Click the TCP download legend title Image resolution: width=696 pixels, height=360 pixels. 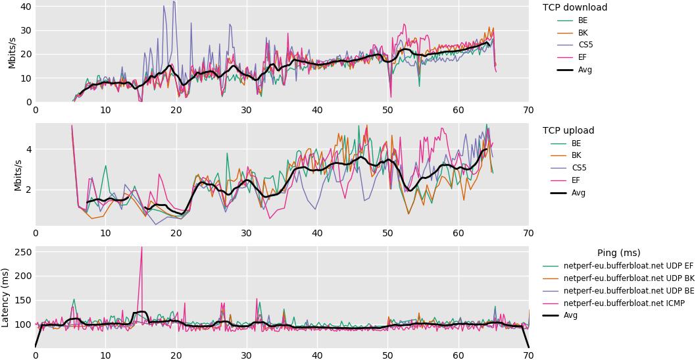[x=574, y=8]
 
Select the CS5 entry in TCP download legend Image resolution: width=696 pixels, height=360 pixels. [x=585, y=45]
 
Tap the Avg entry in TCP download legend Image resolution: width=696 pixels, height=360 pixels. [x=585, y=70]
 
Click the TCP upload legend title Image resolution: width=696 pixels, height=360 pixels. [x=568, y=131]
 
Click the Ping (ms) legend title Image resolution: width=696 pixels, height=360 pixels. [x=618, y=253]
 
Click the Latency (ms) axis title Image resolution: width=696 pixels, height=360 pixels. [x=6, y=297]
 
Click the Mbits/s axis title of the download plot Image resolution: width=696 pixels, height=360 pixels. [x=12, y=52]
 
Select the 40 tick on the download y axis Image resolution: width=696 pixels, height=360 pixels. [x=26, y=7]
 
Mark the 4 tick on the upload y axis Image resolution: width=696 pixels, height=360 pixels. [x=28, y=149]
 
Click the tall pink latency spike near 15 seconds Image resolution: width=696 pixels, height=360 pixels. [x=141, y=247]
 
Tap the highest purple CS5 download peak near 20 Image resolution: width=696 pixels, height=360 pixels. [x=174, y=2]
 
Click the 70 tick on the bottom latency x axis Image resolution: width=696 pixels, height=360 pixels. [x=528, y=355]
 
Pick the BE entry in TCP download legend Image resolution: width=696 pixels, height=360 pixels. [x=583, y=20]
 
